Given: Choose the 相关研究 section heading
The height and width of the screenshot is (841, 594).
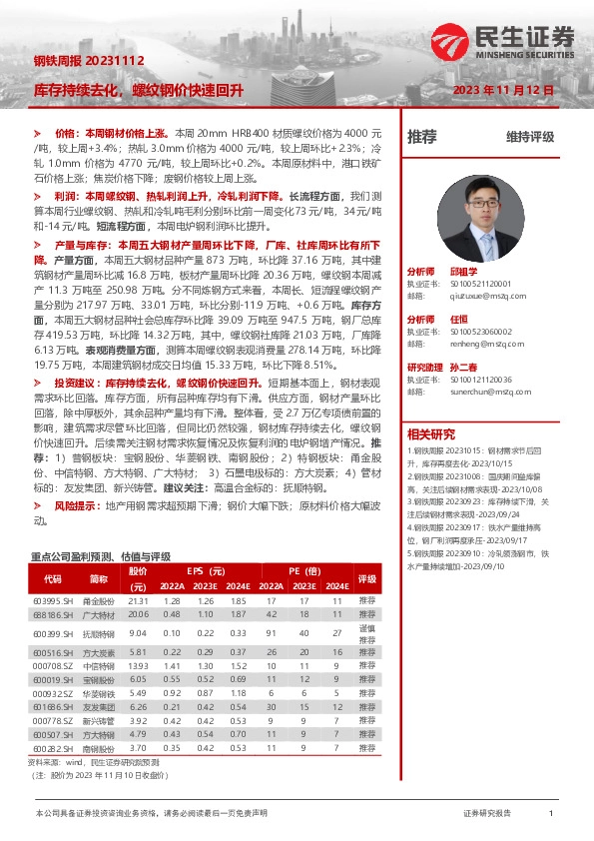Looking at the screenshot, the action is [x=432, y=433].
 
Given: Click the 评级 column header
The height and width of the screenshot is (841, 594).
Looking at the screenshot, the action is [x=366, y=578].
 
